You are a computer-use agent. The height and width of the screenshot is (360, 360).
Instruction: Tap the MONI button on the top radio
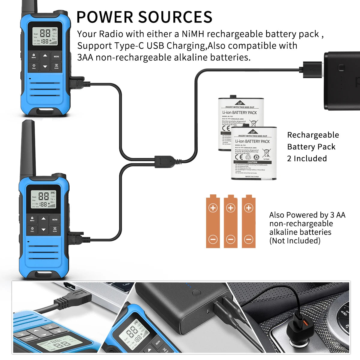(56, 56)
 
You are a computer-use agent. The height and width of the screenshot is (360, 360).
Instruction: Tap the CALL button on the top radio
(34, 66)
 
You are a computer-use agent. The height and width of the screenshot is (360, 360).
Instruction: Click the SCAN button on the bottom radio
(55, 229)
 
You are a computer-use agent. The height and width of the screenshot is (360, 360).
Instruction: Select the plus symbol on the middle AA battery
(231, 208)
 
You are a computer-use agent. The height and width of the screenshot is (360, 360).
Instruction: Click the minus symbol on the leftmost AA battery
(213, 239)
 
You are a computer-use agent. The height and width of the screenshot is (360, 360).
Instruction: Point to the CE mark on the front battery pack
(239, 157)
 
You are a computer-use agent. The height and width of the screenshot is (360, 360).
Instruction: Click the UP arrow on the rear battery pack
(240, 103)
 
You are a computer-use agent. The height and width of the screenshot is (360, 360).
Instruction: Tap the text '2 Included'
(307, 158)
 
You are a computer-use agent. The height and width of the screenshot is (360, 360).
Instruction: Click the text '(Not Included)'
(295, 241)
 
